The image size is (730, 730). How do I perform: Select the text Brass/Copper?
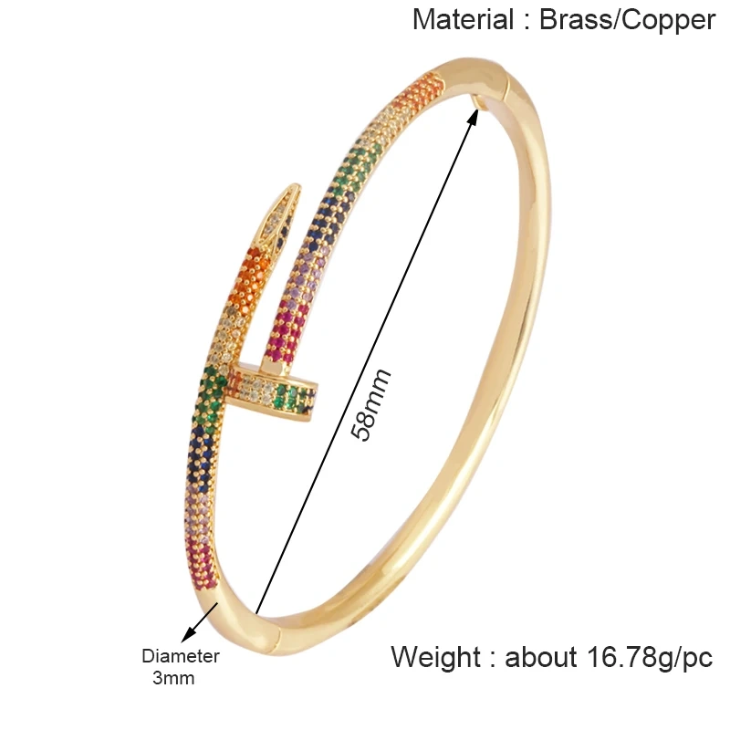point(627,19)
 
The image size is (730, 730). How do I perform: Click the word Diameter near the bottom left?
point(181,656)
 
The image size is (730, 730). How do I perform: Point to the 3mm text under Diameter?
point(173,679)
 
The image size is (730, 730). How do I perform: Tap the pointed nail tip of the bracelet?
point(290,193)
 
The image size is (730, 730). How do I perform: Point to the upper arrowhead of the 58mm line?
point(475,111)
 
